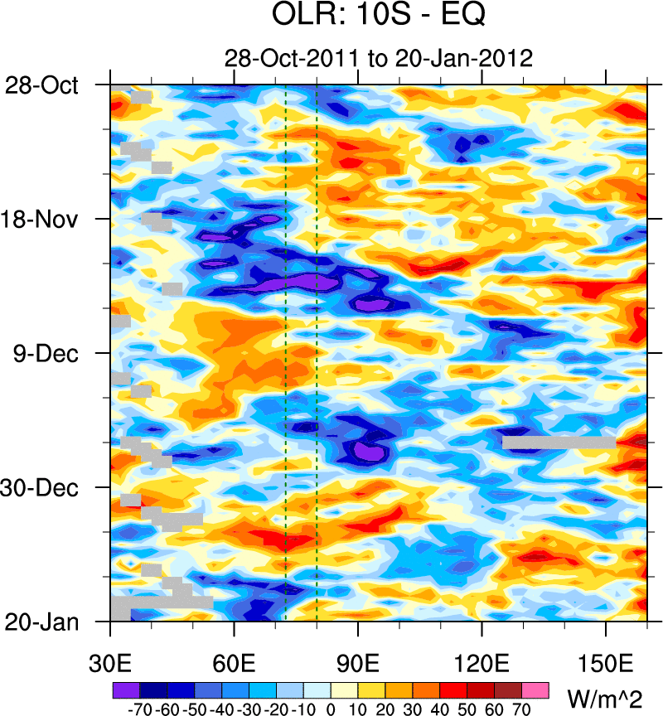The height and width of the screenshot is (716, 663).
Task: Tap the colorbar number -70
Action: tap(137, 709)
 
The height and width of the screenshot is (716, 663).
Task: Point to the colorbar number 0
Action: tap(330, 709)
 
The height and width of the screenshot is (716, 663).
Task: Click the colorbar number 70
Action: tap(522, 709)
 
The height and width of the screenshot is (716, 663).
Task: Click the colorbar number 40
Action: tap(440, 709)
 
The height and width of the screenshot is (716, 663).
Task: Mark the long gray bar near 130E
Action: tap(559, 443)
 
